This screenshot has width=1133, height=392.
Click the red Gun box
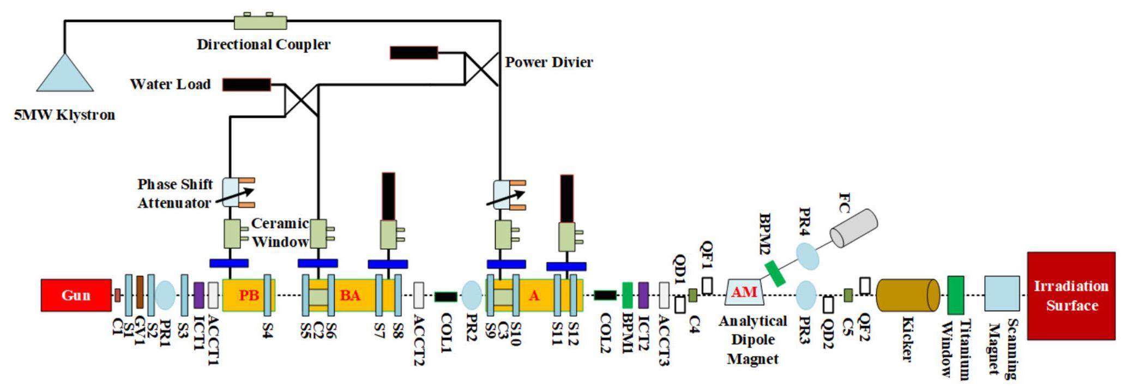tap(76, 295)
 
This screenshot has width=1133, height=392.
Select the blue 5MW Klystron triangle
tap(65, 75)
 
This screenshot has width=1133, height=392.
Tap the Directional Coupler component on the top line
tap(260, 22)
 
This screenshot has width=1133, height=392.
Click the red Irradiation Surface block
tap(1071, 295)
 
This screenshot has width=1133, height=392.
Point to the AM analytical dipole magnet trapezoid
tap(744, 293)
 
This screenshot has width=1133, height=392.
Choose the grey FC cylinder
tap(853, 227)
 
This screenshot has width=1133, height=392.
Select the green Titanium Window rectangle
tap(955, 295)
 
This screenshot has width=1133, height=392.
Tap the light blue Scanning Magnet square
tap(1002, 293)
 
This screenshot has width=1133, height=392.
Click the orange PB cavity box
tap(249, 295)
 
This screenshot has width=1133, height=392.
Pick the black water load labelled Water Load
tap(246, 85)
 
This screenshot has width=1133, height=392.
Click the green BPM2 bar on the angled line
tap(775, 274)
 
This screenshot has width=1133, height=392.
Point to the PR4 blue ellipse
tap(807, 256)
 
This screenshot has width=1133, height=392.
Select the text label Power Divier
tap(549, 62)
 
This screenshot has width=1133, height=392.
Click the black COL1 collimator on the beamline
tap(445, 297)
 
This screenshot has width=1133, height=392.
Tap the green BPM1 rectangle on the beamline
tap(627, 295)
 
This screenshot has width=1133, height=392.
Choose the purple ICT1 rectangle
tap(199, 295)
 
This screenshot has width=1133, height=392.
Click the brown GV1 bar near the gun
tap(140, 292)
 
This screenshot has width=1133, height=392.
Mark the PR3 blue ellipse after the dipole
tap(806, 295)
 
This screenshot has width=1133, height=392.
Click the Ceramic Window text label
tap(280, 232)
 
